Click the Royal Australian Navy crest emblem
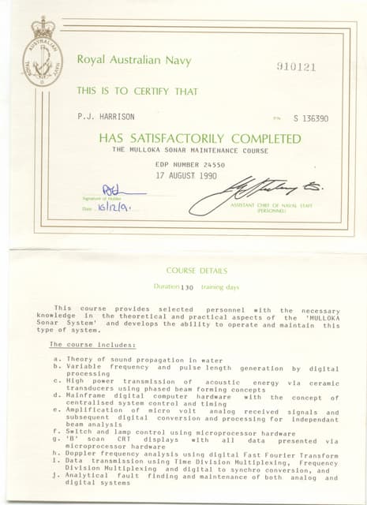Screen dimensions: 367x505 pyautogui.click(x=42, y=52)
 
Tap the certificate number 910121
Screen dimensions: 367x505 pyautogui.click(x=296, y=66)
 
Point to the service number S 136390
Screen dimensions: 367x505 pyautogui.click(x=311, y=118)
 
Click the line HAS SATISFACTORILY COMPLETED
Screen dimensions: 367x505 pyautogui.click(x=199, y=138)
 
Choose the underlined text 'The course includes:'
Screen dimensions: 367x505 pyautogui.click(x=92, y=345)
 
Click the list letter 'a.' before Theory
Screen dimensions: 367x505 pyautogui.click(x=57, y=359)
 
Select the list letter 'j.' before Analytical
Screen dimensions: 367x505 pyautogui.click(x=57, y=476)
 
